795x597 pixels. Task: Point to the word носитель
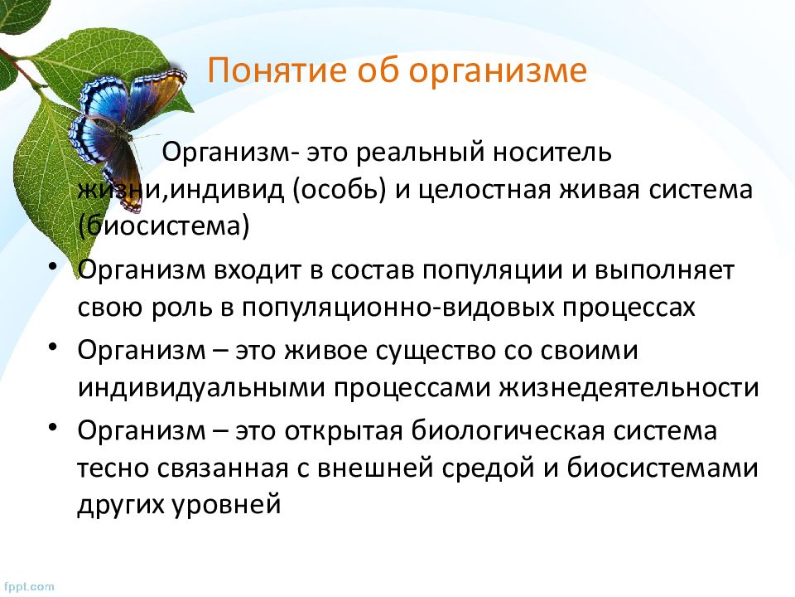(x=552, y=152)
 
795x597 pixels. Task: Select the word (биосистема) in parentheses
(x=164, y=226)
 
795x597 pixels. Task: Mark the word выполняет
(x=664, y=269)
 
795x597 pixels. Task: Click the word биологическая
(x=508, y=431)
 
